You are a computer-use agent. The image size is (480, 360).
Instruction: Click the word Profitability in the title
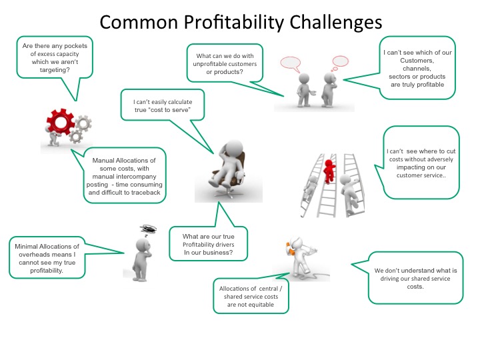pos(234,23)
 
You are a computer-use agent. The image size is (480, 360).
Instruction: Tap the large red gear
pos(60,121)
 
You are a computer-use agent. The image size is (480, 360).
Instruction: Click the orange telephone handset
pos(289,247)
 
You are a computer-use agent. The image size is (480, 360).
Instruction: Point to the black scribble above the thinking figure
pos(149,229)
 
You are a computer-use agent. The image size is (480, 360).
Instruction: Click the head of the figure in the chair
pos(234,148)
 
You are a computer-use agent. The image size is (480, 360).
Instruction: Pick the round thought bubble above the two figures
pos(340,61)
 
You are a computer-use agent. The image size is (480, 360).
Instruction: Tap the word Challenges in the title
pos(335,23)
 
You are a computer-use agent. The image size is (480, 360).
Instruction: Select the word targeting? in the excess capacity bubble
pos(55,70)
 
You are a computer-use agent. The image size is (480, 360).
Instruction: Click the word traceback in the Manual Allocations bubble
pos(146,193)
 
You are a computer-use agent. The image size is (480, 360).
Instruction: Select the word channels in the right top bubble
pos(417,69)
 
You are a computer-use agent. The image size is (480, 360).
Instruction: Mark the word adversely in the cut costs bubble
pos(439,159)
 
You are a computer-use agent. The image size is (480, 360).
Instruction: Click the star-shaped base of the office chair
pos(226,193)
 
